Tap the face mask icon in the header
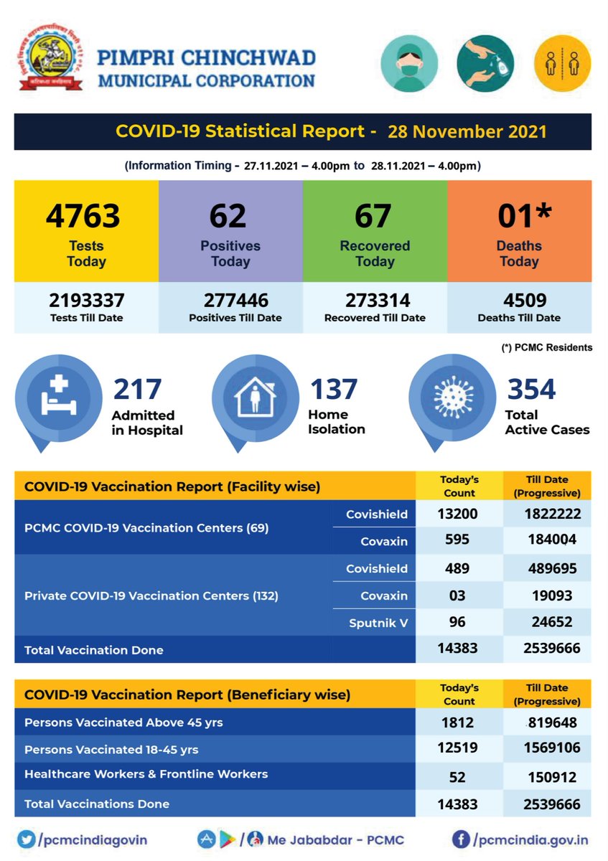[x=407, y=64]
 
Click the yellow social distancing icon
[x=562, y=64]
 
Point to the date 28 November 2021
[x=467, y=132]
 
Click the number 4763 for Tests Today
[x=83, y=216]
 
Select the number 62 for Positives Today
[x=228, y=216]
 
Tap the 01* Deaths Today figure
[x=524, y=216]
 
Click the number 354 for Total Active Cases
[x=531, y=389]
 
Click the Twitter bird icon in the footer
[x=27, y=839]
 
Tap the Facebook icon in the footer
[x=462, y=839]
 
